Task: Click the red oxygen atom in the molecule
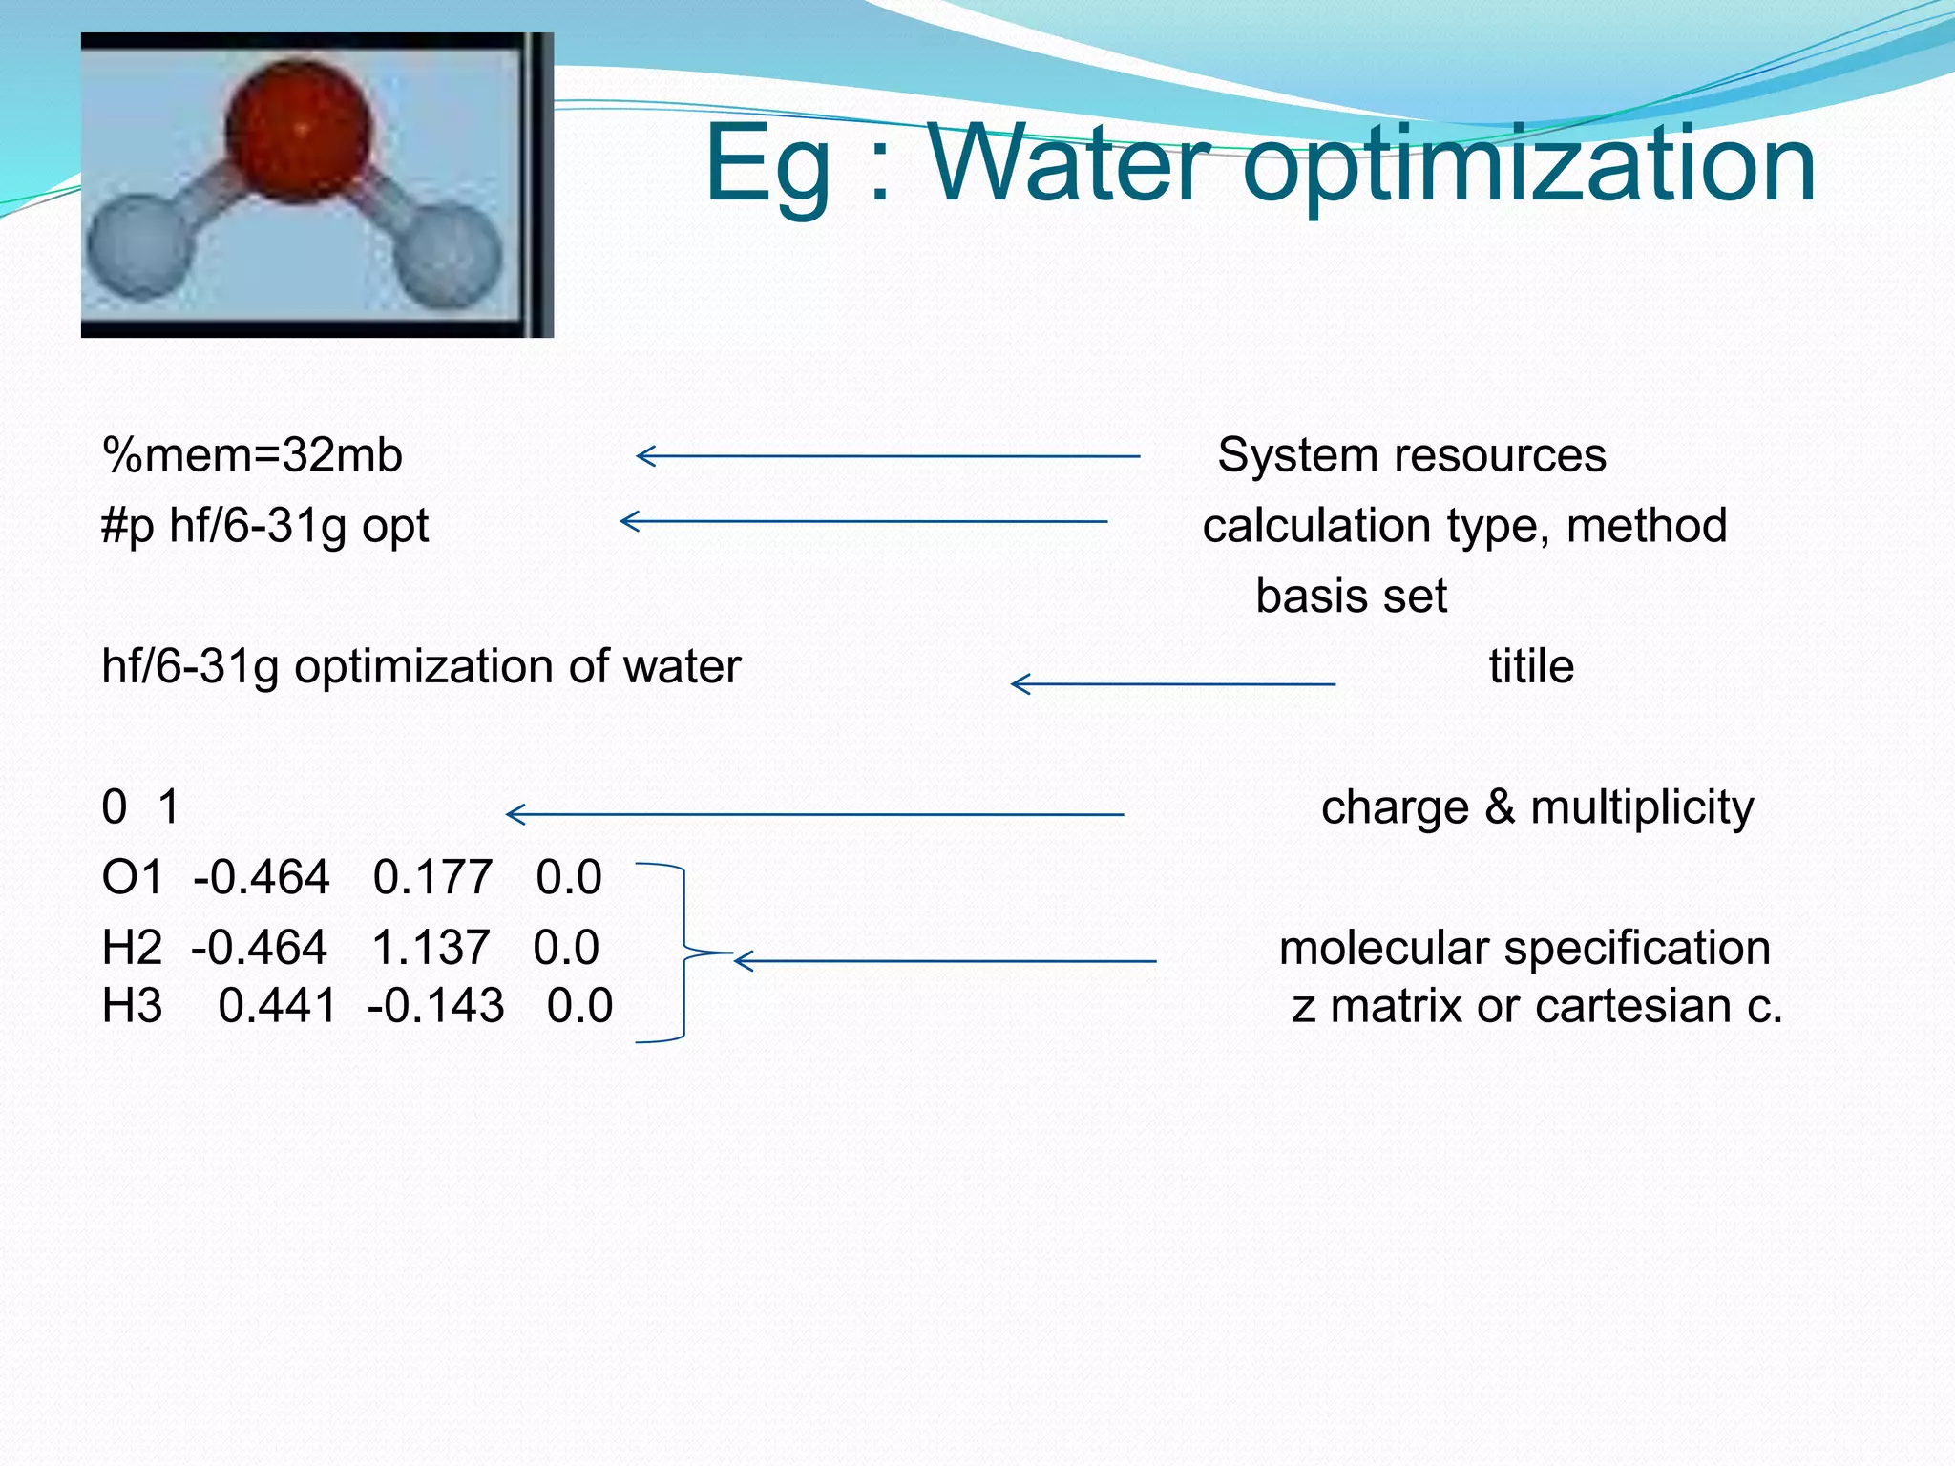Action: point(298,132)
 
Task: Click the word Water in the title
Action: point(1069,164)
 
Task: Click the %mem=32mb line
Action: point(252,455)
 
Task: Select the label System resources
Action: point(1411,455)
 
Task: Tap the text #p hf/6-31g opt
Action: point(264,526)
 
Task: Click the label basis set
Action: point(1351,597)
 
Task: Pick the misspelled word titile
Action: point(1531,666)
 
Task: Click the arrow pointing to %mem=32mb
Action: point(888,456)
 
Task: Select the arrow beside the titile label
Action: point(1172,683)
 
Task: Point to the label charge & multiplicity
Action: point(1537,807)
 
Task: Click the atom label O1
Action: point(133,877)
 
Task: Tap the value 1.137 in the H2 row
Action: point(431,948)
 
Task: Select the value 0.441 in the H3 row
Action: point(277,1006)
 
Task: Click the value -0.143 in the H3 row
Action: point(435,1006)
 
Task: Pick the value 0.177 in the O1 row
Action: point(432,877)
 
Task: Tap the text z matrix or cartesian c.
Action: point(1537,1006)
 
